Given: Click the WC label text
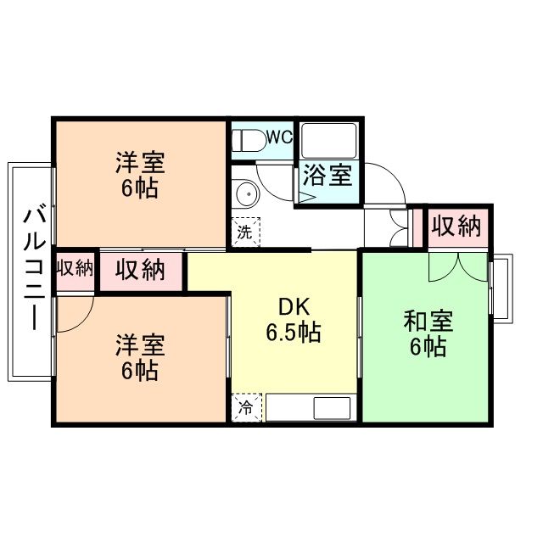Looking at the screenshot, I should pos(279,136).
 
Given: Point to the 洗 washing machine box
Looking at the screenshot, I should pos(244,232).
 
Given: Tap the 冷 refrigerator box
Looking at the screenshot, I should pos(244,407).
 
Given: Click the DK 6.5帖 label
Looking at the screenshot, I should pos(293,321).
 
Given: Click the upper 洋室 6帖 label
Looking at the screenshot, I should pos(140,174).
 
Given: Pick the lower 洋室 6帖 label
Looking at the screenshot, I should pos(140,357).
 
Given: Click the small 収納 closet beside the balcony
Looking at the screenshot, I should pos(75,270).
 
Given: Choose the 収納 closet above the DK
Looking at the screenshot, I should pos(141,271).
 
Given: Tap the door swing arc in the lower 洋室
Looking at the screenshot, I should pos(72,316).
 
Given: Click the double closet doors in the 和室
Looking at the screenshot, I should pos(458,265).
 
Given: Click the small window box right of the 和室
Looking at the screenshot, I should pos(501,288).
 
